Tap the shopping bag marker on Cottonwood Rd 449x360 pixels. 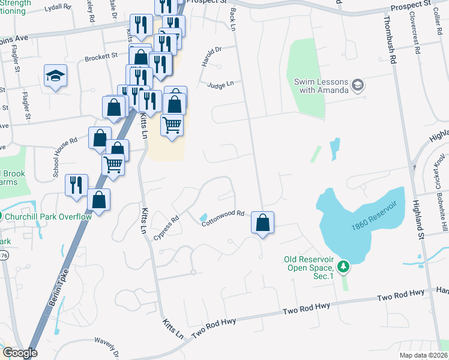coord(262,223)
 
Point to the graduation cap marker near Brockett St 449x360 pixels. coord(55,76)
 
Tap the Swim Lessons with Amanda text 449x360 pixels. coord(321,86)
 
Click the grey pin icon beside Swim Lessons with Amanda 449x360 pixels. coord(358,85)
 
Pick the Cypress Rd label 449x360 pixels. coord(166,228)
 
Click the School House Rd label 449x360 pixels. coord(65,157)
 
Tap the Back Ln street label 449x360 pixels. coord(232,20)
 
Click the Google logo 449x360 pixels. coord(20,353)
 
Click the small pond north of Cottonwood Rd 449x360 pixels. coord(203,217)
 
